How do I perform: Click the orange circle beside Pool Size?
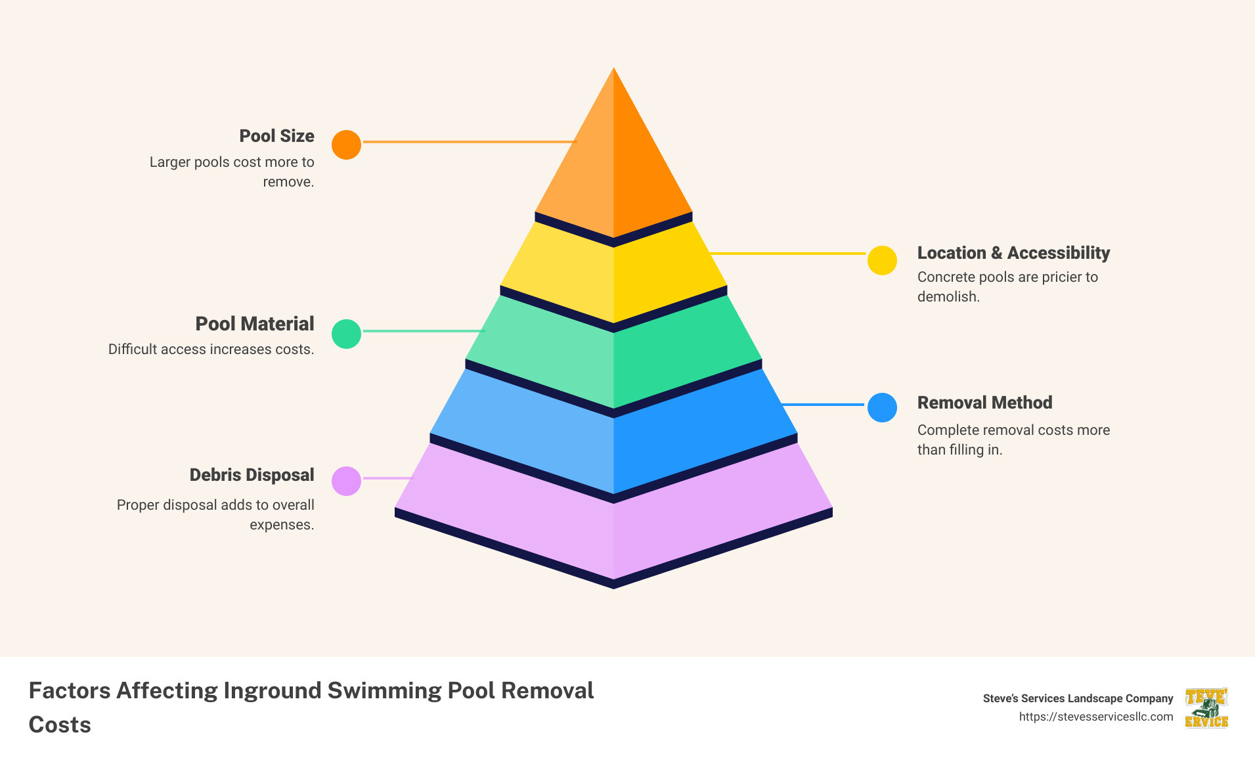[x=346, y=145]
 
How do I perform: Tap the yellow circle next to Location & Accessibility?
[x=882, y=260]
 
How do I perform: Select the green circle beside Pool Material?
[x=346, y=334]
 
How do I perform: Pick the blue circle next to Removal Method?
[x=882, y=407]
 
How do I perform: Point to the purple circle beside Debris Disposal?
[x=346, y=481]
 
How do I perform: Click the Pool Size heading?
[x=276, y=136]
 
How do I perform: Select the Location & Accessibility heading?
[x=1013, y=253]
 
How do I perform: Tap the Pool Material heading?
[x=255, y=324]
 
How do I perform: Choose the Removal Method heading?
[x=984, y=403]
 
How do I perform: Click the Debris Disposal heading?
[x=252, y=475]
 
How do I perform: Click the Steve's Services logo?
[x=1206, y=708]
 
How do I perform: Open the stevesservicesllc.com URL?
[x=1095, y=717]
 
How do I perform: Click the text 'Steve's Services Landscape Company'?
[x=1078, y=698]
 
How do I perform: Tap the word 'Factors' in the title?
[x=69, y=690]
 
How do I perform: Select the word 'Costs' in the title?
[x=60, y=725]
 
